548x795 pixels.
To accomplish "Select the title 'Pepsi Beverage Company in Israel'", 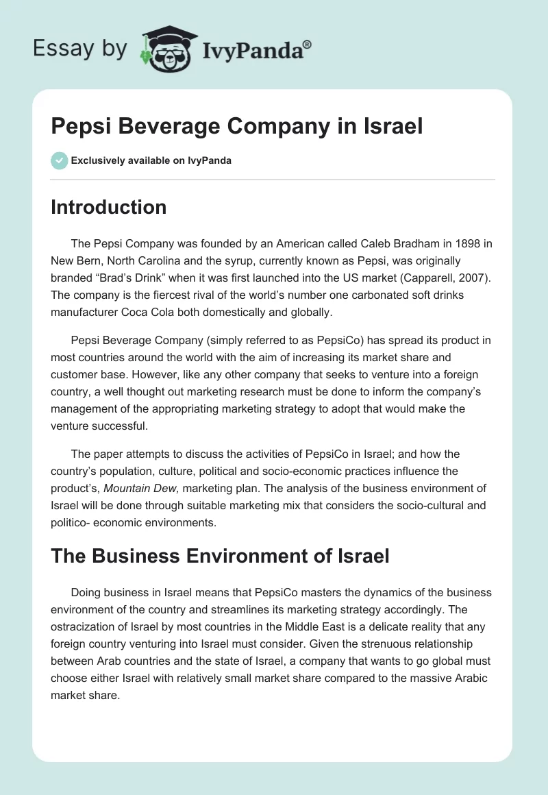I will pyautogui.click(x=236, y=127).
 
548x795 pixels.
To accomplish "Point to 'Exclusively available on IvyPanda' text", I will pyautogui.click(x=151, y=161).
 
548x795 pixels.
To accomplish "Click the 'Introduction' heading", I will pyautogui.click(x=108, y=208).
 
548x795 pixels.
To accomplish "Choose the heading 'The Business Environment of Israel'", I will pyautogui.click(x=220, y=555).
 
